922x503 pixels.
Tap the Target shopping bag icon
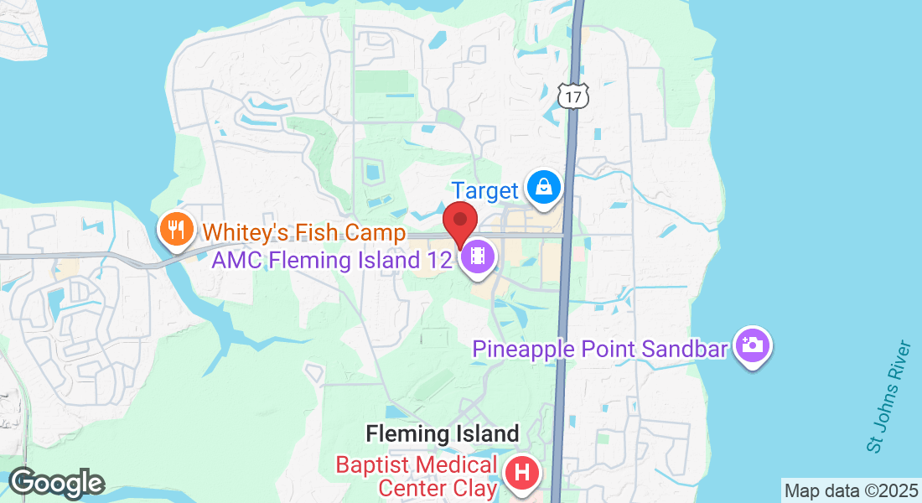click(544, 186)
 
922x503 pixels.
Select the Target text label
click(485, 190)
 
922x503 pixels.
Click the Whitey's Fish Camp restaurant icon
click(175, 227)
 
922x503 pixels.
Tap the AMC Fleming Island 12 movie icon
click(478, 256)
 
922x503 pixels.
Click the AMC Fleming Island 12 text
click(328, 259)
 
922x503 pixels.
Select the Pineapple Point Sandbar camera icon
click(752, 345)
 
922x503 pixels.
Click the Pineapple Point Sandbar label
click(599, 348)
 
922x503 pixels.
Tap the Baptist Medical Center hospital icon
click(521, 472)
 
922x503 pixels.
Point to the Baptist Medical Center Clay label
click(417, 475)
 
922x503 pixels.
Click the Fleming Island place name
click(443, 434)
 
